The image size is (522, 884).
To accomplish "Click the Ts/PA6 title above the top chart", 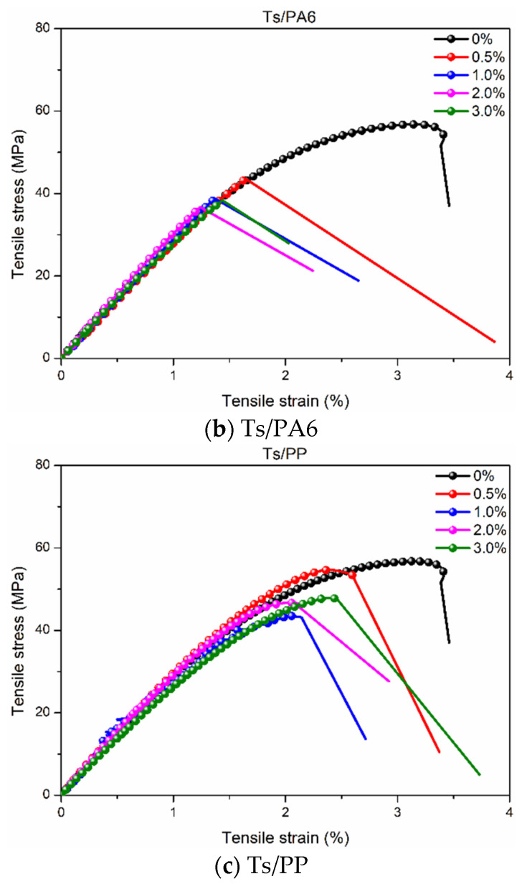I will point(285,11).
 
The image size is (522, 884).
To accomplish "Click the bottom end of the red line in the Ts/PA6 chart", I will point(495,341).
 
